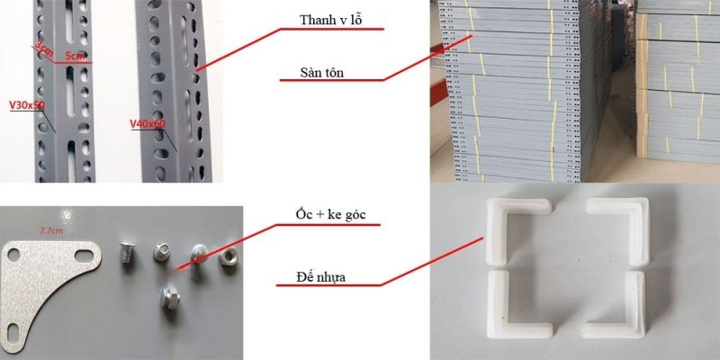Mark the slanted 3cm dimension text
coord(41,48)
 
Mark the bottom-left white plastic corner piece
coord(508,307)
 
